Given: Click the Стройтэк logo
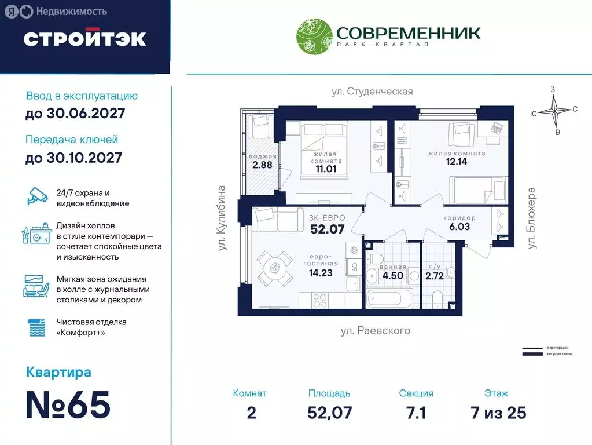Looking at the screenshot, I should click(x=84, y=38).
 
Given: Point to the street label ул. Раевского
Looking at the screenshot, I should click(x=375, y=331).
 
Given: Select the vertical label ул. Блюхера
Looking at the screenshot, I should click(x=531, y=218).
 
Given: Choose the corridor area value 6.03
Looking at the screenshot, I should click(x=459, y=227).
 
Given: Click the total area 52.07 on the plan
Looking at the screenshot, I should click(x=327, y=229).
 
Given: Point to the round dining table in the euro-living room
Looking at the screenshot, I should click(x=275, y=268).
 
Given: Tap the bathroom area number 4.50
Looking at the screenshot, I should click(x=394, y=276).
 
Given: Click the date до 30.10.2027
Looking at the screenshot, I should click(x=73, y=157).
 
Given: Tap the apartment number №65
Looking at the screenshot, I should click(x=68, y=405).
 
